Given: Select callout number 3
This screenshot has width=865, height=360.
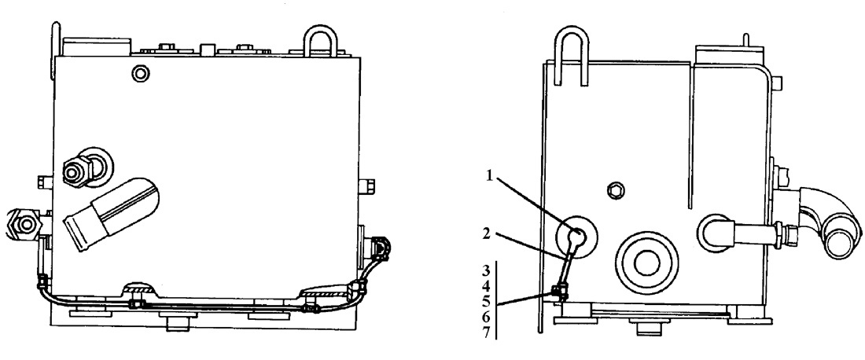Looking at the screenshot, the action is pos(486,270).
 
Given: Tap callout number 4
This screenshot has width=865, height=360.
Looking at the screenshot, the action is pos(486,286).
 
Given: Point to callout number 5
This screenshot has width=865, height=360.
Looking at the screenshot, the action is pos(486,302).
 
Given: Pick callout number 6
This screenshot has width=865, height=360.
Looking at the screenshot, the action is pos(486,318).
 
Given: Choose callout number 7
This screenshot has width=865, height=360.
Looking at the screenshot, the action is pos(486,333).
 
